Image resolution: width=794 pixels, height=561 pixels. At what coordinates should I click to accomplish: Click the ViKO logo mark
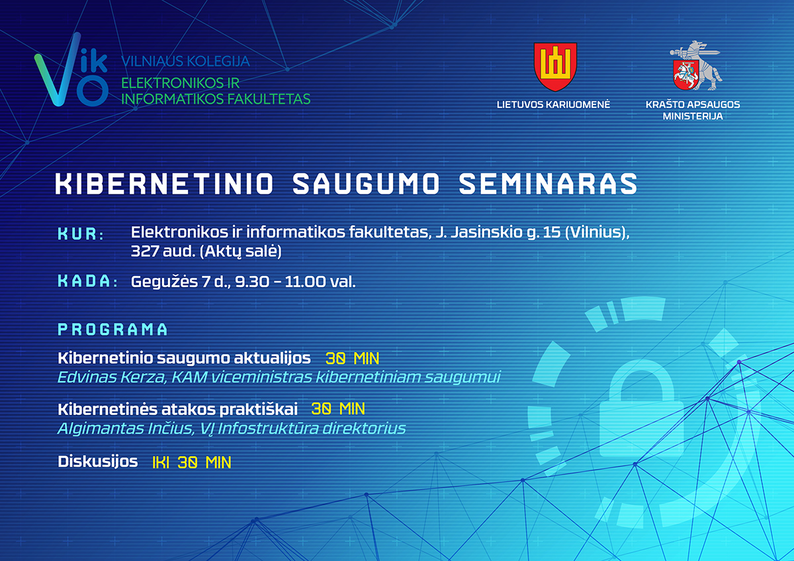point(71,70)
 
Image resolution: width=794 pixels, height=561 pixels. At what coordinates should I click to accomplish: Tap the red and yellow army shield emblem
point(555,67)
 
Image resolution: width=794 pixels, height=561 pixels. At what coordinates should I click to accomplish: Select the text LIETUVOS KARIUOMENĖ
point(553,105)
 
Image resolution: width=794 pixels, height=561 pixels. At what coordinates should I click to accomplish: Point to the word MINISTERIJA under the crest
point(693,116)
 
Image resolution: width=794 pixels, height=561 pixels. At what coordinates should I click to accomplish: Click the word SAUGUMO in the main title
point(367,183)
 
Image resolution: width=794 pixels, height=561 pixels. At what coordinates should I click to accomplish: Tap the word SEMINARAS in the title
point(548,183)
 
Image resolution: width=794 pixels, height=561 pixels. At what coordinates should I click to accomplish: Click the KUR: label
point(81,234)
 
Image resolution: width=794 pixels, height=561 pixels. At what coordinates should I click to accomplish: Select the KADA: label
point(87,281)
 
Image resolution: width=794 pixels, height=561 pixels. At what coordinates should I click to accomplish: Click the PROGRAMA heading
point(112,329)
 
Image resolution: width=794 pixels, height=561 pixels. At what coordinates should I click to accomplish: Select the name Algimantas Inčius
point(126,429)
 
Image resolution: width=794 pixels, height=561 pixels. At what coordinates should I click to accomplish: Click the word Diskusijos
point(98,462)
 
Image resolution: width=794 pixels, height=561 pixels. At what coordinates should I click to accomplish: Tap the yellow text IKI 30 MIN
point(192,463)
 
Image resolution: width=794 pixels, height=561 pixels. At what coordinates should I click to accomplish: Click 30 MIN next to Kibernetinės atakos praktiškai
point(338,409)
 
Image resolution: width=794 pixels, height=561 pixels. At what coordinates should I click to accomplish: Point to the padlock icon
point(641,411)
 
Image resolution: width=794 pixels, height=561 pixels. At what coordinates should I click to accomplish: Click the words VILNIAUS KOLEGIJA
point(185,62)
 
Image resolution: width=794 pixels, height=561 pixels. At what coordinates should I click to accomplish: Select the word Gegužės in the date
point(165,282)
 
